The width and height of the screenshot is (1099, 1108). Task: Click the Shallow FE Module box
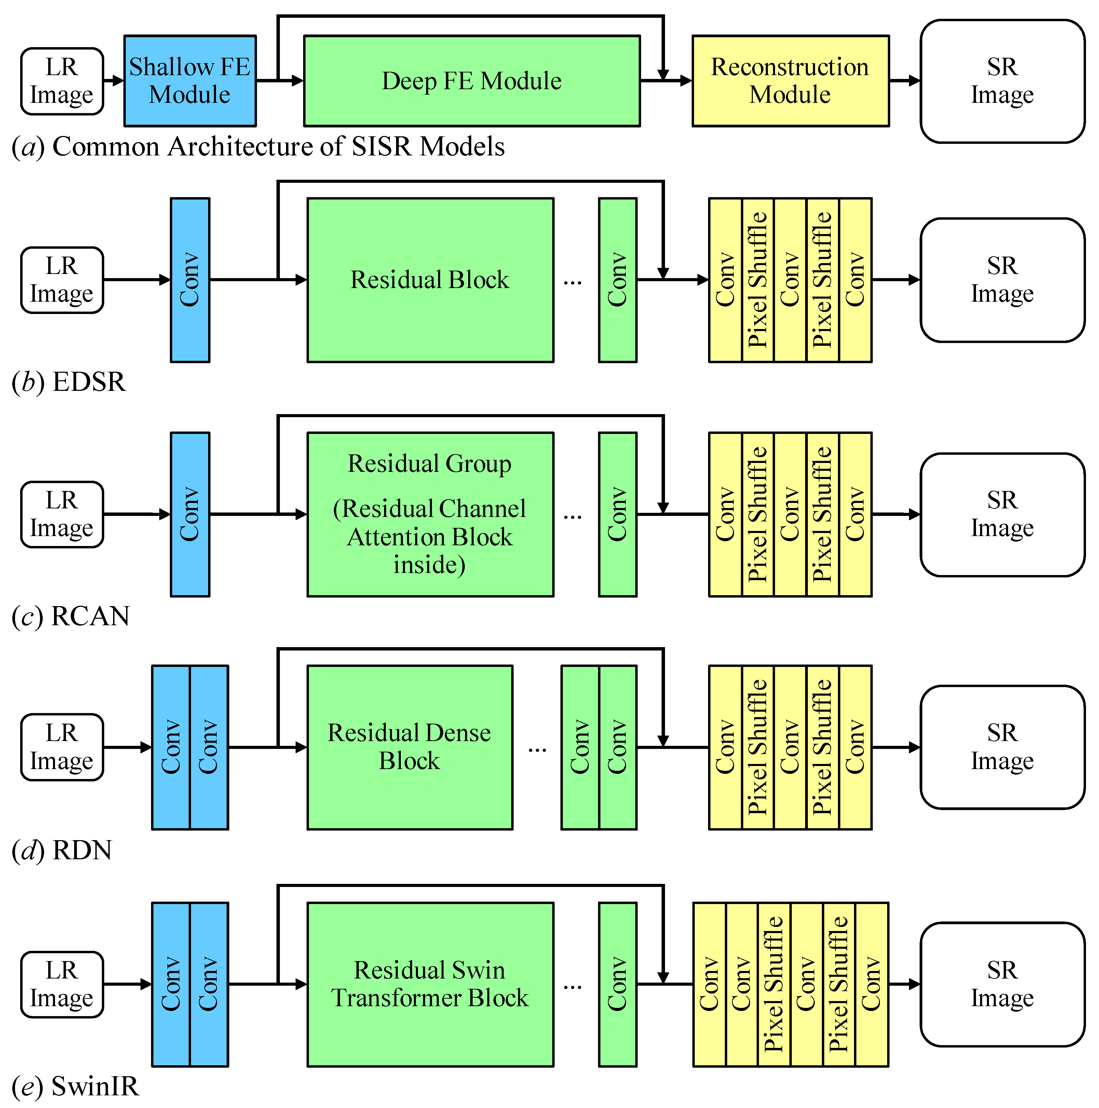[x=190, y=81]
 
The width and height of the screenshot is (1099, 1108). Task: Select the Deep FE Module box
[x=472, y=81]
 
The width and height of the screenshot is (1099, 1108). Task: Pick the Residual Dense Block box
[x=409, y=747]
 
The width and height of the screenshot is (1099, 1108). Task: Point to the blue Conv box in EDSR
[x=190, y=280]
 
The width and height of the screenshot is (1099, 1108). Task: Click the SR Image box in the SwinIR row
[x=1002, y=984]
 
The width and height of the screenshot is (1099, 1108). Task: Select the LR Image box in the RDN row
[x=62, y=747]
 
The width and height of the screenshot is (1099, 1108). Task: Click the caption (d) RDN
[x=62, y=849]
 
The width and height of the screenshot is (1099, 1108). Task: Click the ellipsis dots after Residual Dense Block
[x=537, y=749]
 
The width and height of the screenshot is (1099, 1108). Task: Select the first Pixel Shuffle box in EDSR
[x=758, y=280]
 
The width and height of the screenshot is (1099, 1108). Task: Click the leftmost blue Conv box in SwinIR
[x=171, y=984]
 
